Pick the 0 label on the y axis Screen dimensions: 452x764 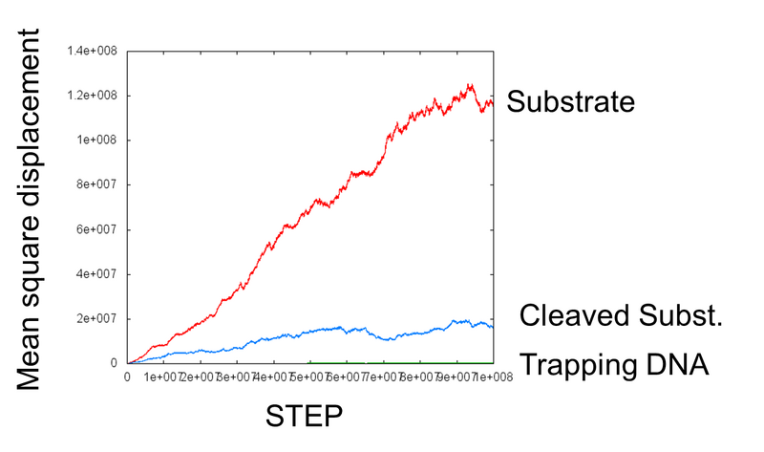point(113,363)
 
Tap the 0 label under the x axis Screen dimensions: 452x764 point(128,377)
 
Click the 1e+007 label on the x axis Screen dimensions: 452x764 point(163,377)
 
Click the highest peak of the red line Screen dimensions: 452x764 point(470,85)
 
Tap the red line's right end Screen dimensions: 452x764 point(493,103)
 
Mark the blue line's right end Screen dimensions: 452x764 point(493,327)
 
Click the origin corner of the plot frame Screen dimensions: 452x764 point(128,363)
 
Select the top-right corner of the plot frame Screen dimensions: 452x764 point(493,51)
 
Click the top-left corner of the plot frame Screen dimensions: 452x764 point(128,51)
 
